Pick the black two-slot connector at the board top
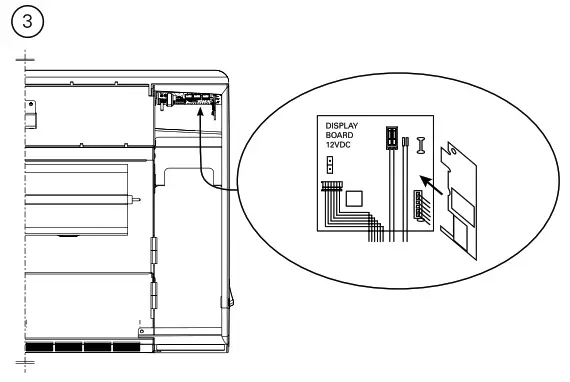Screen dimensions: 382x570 pyautogui.click(x=392, y=136)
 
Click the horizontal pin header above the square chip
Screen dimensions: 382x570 pyautogui.click(x=331, y=185)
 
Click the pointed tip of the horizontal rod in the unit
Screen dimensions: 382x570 pyautogui.click(x=134, y=197)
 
